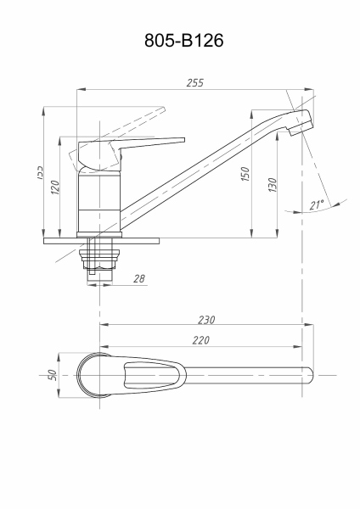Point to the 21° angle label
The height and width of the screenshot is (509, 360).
pyautogui.click(x=317, y=205)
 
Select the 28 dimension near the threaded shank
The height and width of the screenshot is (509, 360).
pyautogui.click(x=139, y=278)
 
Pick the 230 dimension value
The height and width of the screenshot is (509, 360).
pyautogui.click(x=205, y=320)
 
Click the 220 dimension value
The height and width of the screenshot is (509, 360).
pyautogui.click(x=200, y=340)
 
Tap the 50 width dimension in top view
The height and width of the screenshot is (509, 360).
pyautogui.click(x=52, y=374)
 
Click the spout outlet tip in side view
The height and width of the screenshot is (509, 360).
pyautogui.click(x=302, y=125)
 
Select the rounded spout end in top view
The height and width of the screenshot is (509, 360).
pyautogui.click(x=307, y=374)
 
